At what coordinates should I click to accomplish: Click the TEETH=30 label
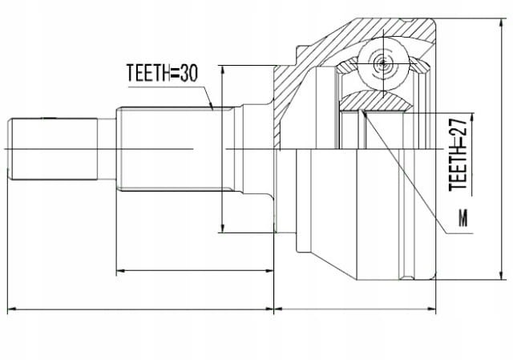162,73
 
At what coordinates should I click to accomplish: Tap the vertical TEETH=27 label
458,154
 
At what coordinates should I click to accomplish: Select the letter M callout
463,217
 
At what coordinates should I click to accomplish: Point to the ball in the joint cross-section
383,63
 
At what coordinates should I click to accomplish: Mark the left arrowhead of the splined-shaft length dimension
121,271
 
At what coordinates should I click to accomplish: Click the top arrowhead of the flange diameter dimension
223,70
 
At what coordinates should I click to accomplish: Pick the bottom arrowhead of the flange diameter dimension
223,229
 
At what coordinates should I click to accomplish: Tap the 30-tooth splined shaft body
175,149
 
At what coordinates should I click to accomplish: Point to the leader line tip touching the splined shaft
212,109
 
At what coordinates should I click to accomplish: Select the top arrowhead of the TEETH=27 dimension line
472,118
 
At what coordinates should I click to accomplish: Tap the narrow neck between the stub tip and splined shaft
107,149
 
